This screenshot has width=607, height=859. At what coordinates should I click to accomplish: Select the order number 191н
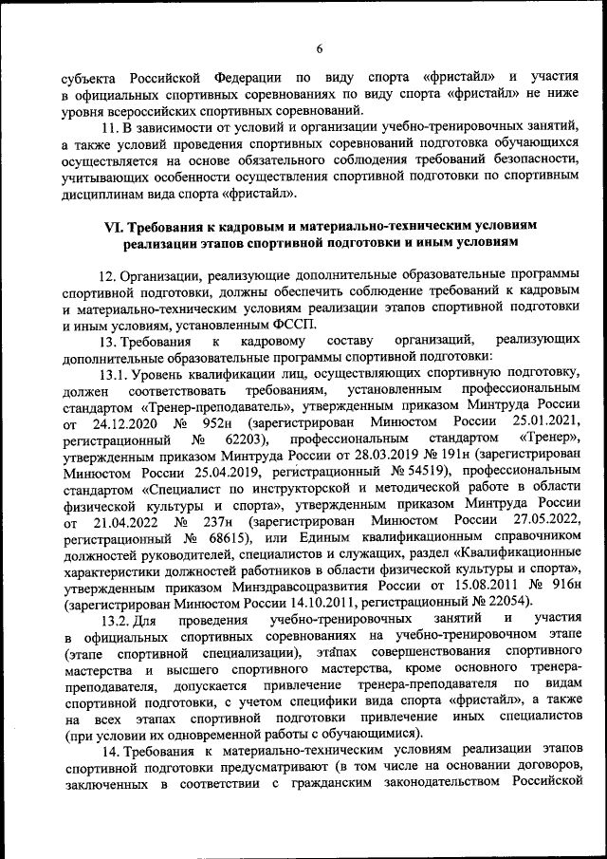click(457, 457)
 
